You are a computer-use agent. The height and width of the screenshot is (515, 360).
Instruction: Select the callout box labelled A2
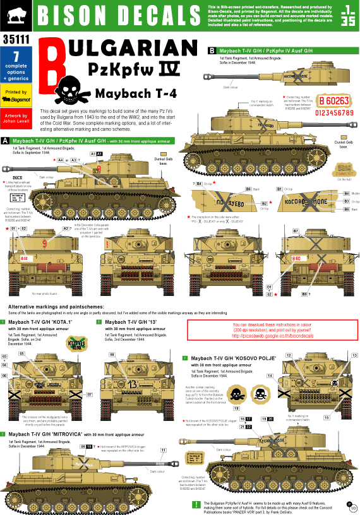66,228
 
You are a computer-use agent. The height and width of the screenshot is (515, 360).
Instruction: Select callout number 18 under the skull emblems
236,409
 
